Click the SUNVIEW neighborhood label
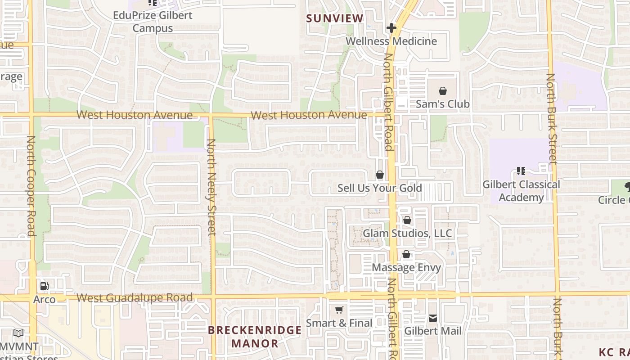(334, 18)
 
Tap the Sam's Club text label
(442, 104)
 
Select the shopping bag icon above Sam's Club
(443, 91)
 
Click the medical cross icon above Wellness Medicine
(391, 28)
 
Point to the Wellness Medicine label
(391, 41)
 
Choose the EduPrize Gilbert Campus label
(153, 22)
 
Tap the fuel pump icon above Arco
(45, 286)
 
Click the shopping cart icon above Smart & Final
(339, 310)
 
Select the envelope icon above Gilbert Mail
(433, 318)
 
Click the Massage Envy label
(406, 267)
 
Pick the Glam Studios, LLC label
(407, 234)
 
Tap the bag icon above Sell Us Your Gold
(380, 175)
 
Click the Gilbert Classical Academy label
(521, 191)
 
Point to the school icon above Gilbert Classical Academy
(521, 171)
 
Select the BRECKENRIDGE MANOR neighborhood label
(255, 337)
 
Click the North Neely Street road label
(211, 187)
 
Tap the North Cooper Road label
(31, 186)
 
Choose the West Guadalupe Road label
(135, 297)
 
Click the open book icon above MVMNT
(18, 333)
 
